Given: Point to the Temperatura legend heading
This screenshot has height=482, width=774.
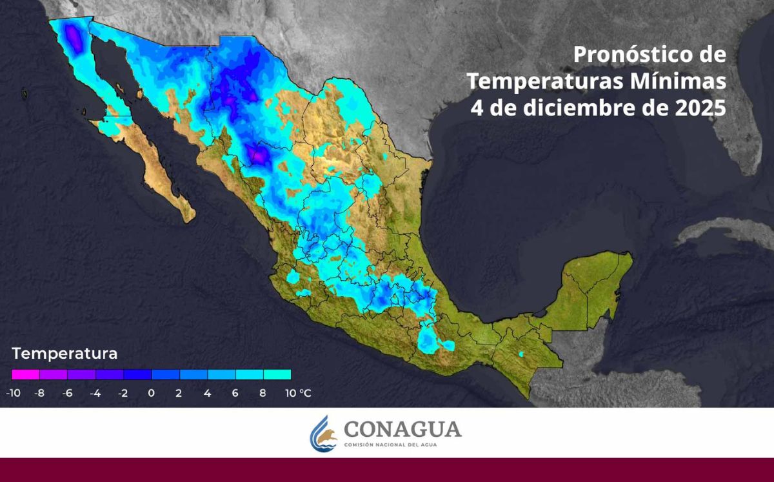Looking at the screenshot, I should click(64, 354).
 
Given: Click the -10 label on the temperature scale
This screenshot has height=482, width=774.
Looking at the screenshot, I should click(12, 392).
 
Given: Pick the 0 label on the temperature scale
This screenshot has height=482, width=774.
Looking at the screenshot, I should click(151, 392).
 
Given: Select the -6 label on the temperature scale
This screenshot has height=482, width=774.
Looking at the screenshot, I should click(67, 392).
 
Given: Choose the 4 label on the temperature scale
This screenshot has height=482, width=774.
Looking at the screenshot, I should click(207, 392).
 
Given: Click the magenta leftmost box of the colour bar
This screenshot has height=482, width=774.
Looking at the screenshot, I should click(26, 374).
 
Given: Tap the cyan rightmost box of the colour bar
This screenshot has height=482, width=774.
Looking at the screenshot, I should click(277, 374).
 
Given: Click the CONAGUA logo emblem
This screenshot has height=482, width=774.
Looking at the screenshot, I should click(323, 433).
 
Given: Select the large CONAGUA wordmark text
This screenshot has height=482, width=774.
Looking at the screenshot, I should click(402, 428).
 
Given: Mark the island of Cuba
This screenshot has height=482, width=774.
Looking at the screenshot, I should click(729, 232).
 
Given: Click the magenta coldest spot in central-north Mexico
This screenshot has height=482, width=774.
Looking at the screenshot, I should click(260, 156).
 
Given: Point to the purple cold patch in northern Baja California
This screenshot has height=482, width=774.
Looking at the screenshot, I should click(74, 40).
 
